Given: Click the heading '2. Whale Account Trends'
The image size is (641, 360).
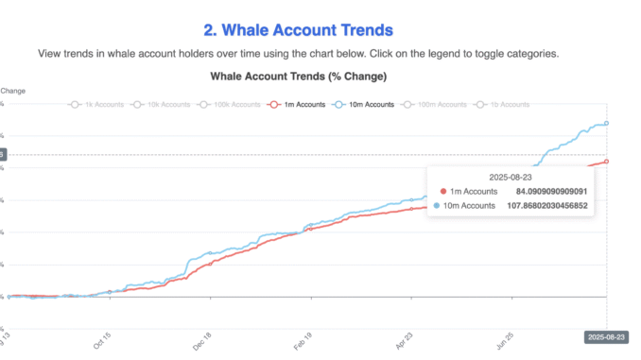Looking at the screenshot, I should click(x=299, y=31).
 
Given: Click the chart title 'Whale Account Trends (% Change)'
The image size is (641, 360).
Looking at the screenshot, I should click(x=299, y=76).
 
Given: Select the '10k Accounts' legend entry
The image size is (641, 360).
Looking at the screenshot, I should click(x=163, y=104).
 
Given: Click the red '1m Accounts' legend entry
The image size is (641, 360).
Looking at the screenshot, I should click(x=300, y=104).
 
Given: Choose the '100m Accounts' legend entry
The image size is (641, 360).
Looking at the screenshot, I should click(x=436, y=104).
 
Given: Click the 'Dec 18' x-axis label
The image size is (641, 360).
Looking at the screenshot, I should click(x=202, y=340).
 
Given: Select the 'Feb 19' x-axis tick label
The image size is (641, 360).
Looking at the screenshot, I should click(x=302, y=340).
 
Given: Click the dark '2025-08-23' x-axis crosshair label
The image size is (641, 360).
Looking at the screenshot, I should click(x=606, y=335).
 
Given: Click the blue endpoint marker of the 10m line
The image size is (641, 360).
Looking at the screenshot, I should click(x=606, y=123).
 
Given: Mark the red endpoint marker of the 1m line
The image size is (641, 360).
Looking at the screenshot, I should click(x=606, y=162).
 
